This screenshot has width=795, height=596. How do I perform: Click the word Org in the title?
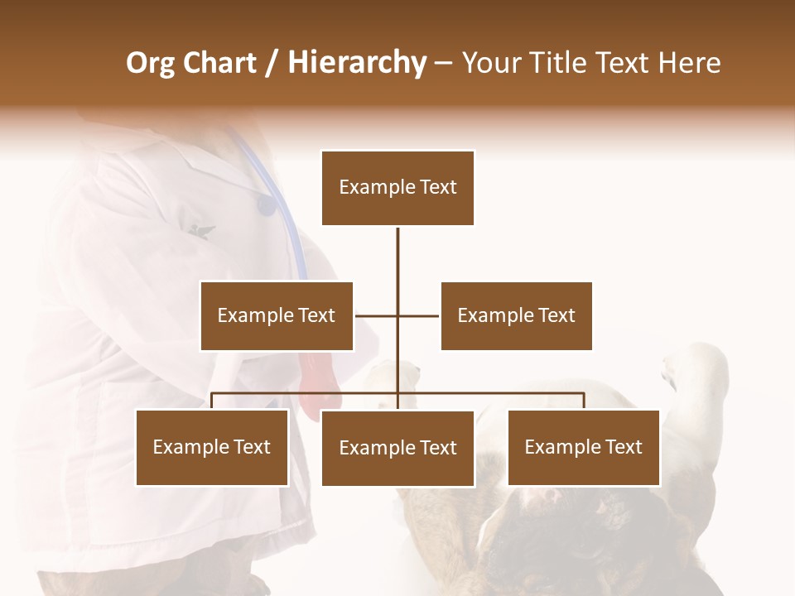tap(151, 63)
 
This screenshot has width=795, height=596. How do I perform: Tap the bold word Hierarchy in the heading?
tap(357, 63)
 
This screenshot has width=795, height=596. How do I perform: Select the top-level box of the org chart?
tap(397, 188)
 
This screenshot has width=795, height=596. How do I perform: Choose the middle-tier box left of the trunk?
tap(277, 315)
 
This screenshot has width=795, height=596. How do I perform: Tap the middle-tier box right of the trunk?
tap(516, 315)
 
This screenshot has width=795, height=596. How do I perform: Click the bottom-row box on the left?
tap(212, 447)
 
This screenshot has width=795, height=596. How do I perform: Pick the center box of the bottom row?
tap(397, 448)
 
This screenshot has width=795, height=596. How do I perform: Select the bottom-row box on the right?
tap(583, 447)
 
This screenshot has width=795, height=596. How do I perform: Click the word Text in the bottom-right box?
tap(624, 447)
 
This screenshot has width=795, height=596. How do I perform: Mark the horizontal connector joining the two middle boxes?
tap(418, 315)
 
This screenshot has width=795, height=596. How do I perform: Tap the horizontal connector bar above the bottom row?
tap(497, 393)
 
